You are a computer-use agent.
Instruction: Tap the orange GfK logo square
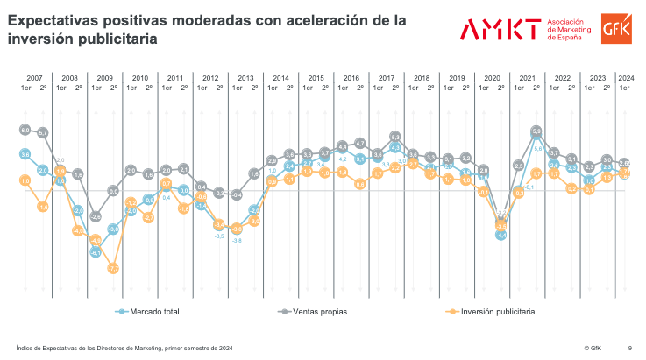click(613, 29)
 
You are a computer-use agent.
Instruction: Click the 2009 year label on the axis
click(104, 78)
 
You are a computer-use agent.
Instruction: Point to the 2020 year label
click(493, 78)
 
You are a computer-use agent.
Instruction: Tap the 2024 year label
click(626, 78)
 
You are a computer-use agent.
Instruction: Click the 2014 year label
click(280, 78)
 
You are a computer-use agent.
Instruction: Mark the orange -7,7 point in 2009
click(113, 268)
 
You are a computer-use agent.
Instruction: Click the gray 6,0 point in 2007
click(25, 130)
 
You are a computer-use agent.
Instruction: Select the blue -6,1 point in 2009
click(96, 252)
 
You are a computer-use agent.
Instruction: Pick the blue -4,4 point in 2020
click(501, 235)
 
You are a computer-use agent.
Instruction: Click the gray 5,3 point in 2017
click(395, 137)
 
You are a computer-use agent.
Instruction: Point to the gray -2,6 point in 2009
click(96, 216)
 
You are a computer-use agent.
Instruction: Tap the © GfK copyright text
click(593, 347)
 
